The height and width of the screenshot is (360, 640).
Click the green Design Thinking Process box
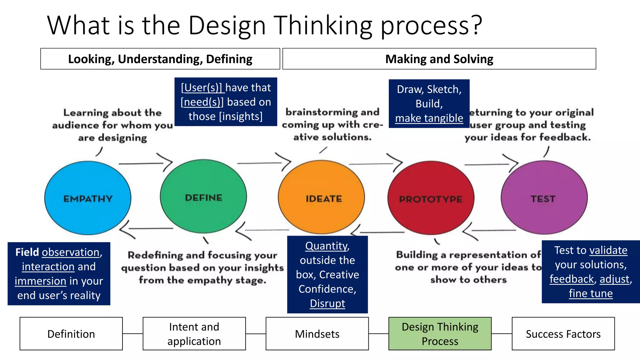(x=440, y=334)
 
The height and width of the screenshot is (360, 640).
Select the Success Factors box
(x=563, y=334)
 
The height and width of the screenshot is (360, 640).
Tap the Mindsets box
(x=317, y=334)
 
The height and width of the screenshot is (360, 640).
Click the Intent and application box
(x=194, y=334)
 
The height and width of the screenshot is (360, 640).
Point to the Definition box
(x=71, y=334)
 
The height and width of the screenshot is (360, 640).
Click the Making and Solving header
(x=439, y=59)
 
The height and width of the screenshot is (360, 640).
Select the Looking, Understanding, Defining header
(x=160, y=59)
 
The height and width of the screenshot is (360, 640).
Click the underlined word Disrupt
(x=327, y=303)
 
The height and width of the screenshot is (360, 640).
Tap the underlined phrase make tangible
(x=429, y=118)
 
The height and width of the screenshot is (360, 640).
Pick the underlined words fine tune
(x=590, y=293)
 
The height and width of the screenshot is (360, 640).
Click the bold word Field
(x=27, y=252)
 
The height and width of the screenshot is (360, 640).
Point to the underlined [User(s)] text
(x=202, y=88)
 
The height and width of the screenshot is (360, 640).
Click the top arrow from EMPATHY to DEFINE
(x=145, y=163)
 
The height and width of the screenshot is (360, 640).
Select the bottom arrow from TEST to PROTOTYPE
(x=489, y=231)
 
